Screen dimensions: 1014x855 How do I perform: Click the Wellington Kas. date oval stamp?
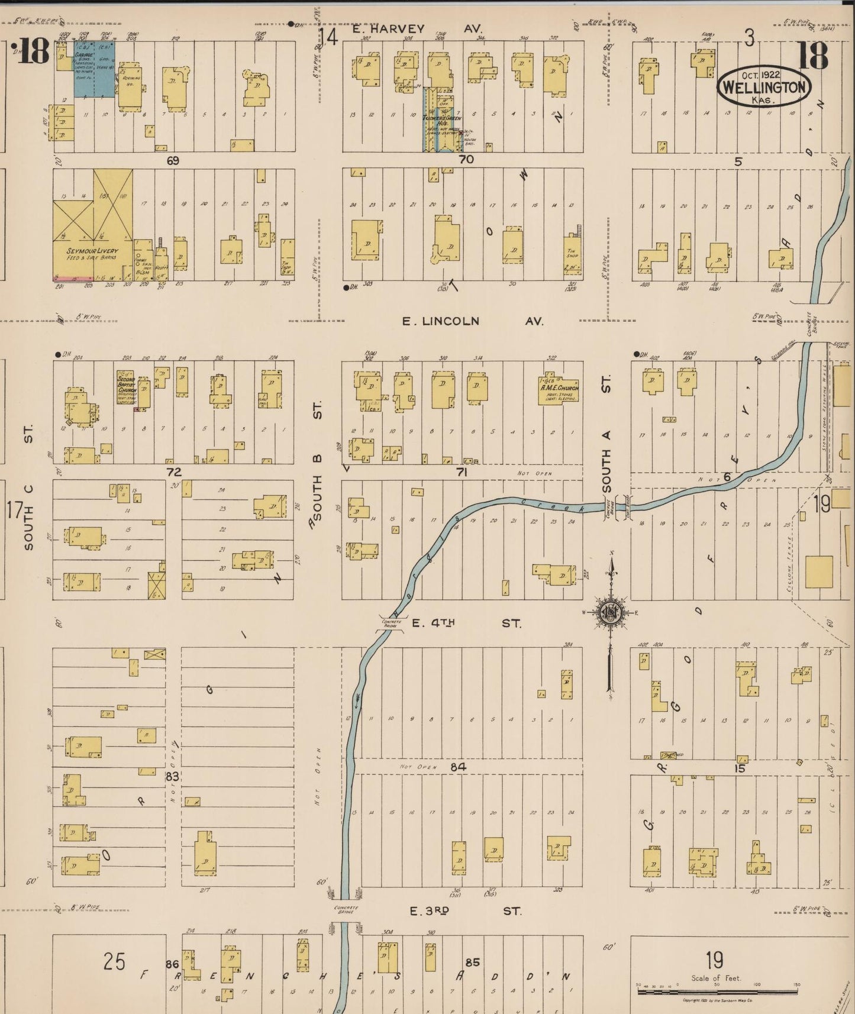click(x=763, y=86)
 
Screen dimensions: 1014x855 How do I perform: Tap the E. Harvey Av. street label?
click(x=417, y=28)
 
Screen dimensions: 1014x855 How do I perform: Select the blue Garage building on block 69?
click(x=94, y=69)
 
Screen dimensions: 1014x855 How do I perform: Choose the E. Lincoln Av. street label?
click(x=472, y=321)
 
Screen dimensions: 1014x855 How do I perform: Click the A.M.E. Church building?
click(x=559, y=389)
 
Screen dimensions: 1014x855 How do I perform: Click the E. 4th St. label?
click(x=466, y=623)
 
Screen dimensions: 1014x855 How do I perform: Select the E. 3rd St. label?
click(x=466, y=911)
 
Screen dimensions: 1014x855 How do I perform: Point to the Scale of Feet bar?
click(x=717, y=992)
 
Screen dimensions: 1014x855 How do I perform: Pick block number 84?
click(x=458, y=767)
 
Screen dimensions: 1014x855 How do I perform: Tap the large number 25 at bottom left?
click(x=114, y=961)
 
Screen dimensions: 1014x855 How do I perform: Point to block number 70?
click(x=466, y=159)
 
